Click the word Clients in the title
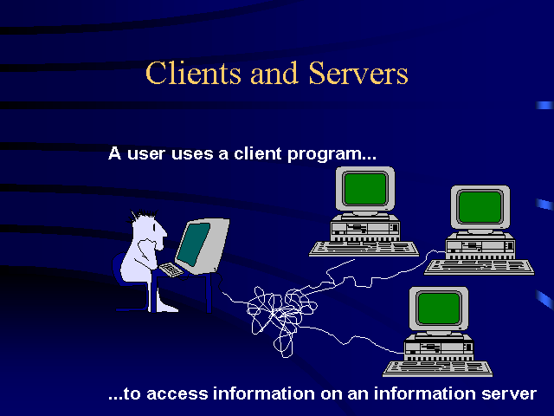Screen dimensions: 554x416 coord(193,73)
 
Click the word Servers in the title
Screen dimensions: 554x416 coord(358,73)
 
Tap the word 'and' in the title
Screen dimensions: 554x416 coord(274,73)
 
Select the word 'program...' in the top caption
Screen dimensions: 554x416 coord(332,154)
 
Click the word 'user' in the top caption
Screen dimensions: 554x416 coord(146,154)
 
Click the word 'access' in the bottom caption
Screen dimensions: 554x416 coord(177,394)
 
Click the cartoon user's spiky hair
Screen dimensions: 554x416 coord(144,215)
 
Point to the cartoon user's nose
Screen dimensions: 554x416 coord(164,232)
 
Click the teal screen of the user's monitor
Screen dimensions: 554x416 coord(193,244)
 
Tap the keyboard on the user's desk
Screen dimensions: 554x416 coord(171,270)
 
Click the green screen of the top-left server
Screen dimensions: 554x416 coord(365,189)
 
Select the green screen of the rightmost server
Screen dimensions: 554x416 coord(480,206)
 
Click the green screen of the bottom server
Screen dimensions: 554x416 coord(439,309)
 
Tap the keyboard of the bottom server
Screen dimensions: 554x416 coord(438,368)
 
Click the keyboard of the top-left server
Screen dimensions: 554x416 coord(364,249)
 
